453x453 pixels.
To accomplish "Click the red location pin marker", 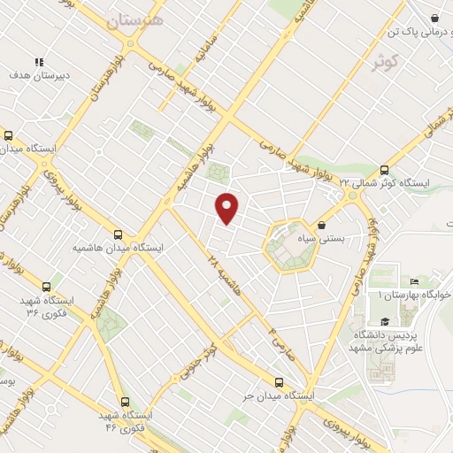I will pyautogui.click(x=228, y=209).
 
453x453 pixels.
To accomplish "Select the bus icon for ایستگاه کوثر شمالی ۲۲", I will pyautogui.click(x=384, y=170).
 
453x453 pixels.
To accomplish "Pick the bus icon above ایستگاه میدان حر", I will pyautogui.click(x=280, y=382).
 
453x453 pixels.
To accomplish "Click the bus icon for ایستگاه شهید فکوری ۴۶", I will pyautogui.click(x=124, y=402).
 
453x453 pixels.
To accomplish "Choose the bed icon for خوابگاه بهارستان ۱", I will pyautogui.click(x=415, y=281).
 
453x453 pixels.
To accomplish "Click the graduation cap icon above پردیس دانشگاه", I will pyautogui.click(x=384, y=322).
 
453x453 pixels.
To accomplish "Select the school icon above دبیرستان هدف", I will pyautogui.click(x=38, y=62).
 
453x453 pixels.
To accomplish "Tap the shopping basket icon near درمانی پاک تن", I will pyautogui.click(x=435, y=17).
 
